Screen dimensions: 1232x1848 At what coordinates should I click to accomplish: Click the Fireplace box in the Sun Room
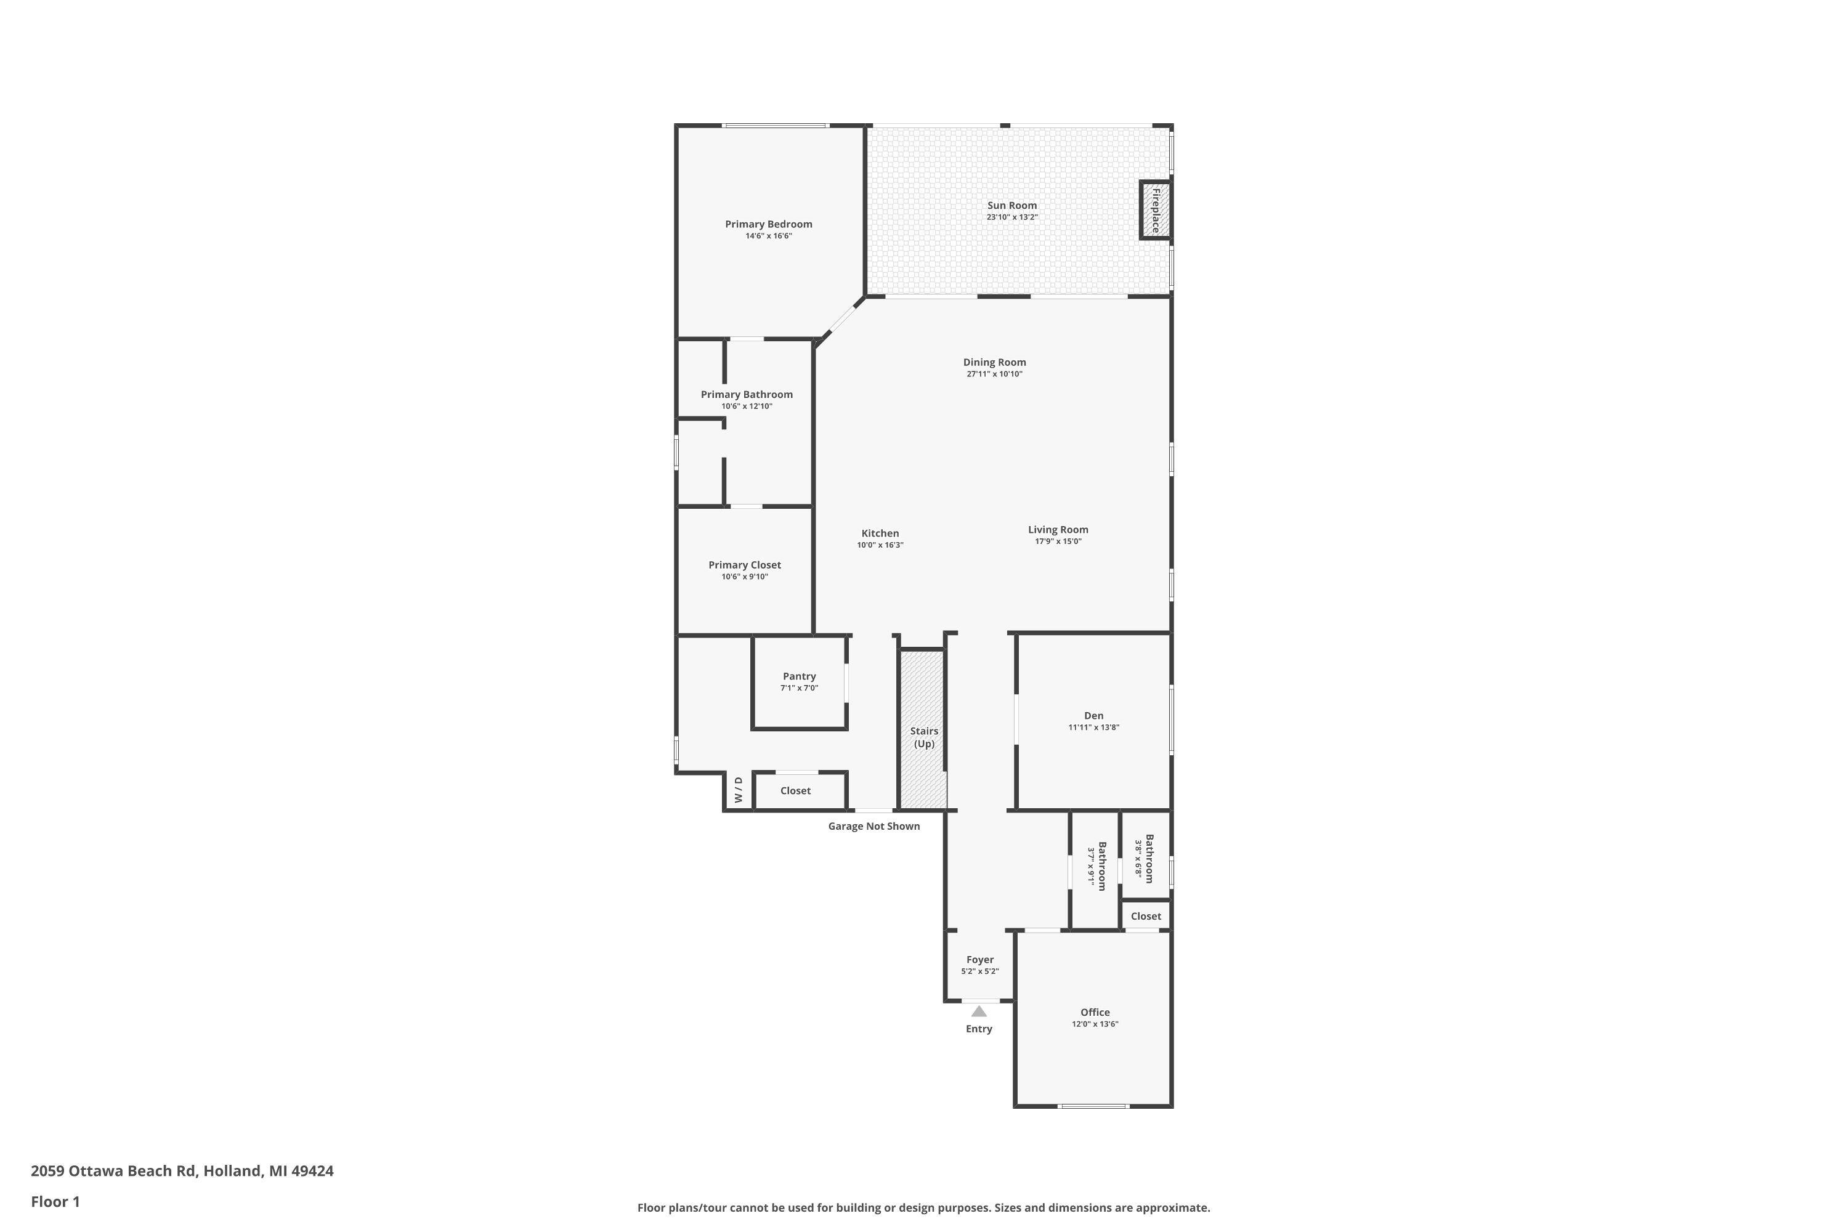coord(1155,210)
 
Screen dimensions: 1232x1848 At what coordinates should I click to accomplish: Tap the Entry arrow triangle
coord(979,1011)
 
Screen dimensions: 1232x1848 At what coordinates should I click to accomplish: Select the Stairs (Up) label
coord(924,737)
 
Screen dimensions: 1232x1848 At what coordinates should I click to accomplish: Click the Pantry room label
coord(799,676)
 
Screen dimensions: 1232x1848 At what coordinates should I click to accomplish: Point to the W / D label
coord(739,790)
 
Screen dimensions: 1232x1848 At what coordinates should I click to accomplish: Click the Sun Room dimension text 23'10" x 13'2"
coord(1012,217)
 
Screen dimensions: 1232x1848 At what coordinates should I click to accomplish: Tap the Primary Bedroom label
coord(768,224)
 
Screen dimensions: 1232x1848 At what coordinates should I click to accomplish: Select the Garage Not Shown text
coord(873,826)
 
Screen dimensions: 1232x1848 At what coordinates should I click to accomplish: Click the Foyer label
coord(980,959)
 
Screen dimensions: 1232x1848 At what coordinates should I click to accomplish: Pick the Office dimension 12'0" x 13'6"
coord(1095,1024)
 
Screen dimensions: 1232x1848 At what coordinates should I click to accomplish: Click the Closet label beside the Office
coord(1146,916)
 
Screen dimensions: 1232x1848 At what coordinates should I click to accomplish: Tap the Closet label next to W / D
coord(795,790)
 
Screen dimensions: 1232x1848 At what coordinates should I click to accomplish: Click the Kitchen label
coord(880,533)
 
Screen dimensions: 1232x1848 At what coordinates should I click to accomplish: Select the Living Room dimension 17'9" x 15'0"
coord(1058,541)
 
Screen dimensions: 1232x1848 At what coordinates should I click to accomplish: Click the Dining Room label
coord(995,362)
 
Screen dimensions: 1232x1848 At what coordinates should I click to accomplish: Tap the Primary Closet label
coord(744,565)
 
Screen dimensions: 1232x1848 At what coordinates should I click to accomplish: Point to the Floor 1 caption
coord(55,1201)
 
